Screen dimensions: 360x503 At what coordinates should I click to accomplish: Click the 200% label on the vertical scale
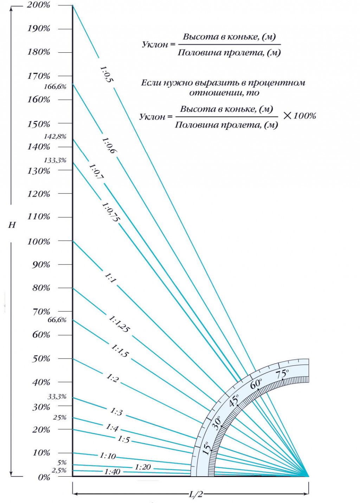coord(38,5)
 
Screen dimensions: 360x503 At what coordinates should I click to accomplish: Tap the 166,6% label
coord(55,87)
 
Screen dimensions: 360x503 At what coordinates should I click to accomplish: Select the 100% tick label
coord(39,242)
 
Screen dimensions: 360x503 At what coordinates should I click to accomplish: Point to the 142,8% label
coord(55,137)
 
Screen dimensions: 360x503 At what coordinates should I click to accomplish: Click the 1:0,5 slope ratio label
coord(106,74)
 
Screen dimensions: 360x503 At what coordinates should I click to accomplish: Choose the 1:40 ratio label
coord(112,472)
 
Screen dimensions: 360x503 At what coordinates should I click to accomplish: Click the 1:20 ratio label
coord(143,467)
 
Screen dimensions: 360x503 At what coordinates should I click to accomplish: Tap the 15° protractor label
coord(207,448)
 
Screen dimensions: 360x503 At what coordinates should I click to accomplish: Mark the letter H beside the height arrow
coord(12,225)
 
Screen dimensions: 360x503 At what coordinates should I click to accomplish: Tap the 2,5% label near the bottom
coord(59,470)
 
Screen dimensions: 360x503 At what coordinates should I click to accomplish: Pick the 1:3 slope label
coord(116,412)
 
